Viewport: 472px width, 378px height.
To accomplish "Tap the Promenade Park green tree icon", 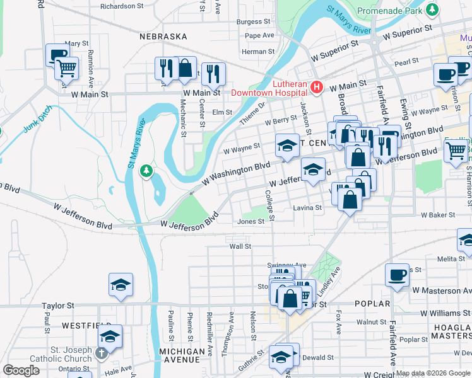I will click(432, 10).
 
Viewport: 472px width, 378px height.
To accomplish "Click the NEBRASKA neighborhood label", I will click(163, 37).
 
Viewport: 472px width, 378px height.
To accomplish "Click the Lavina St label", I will click(307, 208).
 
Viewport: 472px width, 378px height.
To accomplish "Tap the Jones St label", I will click(250, 221).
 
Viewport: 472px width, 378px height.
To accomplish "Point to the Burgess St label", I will click(254, 21).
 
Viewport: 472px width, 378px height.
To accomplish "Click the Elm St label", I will click(222, 112).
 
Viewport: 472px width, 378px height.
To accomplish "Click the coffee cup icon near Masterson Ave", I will click(398, 275).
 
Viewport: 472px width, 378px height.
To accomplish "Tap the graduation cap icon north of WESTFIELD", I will click(121, 284).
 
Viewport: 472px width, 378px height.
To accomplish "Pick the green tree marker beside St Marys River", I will click(146, 171).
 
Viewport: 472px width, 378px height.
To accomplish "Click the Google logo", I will click(21, 371).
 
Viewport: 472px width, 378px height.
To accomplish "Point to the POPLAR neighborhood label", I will click(372, 304).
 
